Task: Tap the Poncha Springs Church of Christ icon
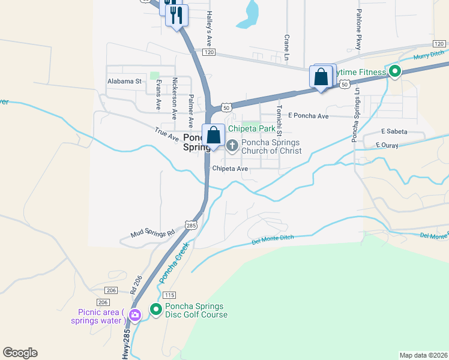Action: (x=232, y=143)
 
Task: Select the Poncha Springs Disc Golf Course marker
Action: (x=156, y=310)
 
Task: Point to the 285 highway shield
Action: (x=191, y=225)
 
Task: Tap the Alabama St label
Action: (x=124, y=80)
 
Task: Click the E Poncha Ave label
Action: (x=308, y=115)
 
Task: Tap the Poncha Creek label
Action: (x=174, y=263)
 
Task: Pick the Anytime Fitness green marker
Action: (x=394, y=73)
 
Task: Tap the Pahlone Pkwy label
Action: (x=359, y=29)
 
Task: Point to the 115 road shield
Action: (x=169, y=295)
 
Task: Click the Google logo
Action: (x=20, y=353)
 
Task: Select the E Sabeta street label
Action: (x=394, y=131)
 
